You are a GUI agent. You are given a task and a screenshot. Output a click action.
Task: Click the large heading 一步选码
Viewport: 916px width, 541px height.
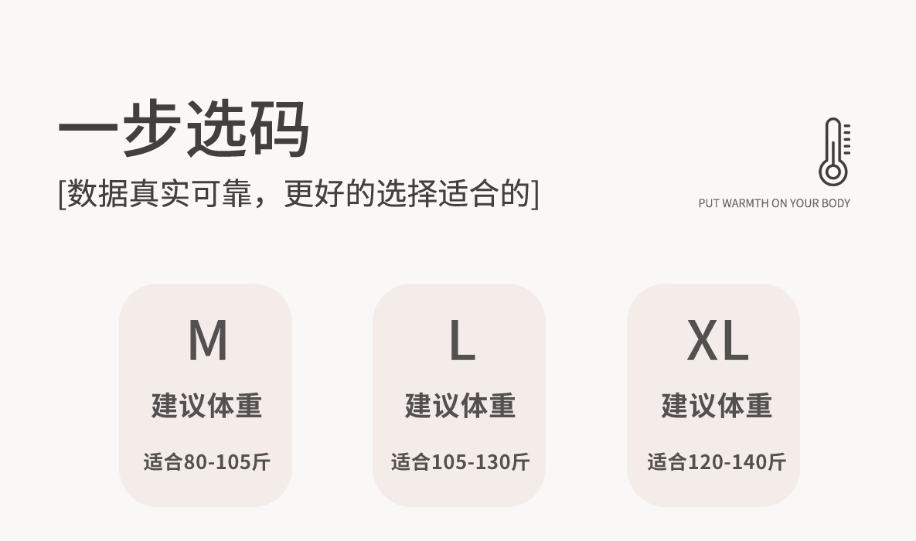(184, 128)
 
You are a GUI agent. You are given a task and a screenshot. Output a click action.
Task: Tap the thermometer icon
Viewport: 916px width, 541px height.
(834, 151)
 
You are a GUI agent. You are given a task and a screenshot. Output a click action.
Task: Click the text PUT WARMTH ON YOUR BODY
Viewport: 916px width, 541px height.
(774, 203)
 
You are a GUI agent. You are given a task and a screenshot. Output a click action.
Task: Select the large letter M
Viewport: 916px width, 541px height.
(207, 341)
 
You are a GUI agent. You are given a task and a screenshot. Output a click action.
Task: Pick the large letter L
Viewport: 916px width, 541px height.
(461, 341)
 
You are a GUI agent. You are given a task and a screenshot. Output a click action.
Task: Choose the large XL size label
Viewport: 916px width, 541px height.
(717, 341)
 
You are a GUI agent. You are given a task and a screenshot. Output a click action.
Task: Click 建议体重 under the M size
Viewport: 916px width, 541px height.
(206, 406)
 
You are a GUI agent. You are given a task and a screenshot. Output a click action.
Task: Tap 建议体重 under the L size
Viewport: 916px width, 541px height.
(460, 406)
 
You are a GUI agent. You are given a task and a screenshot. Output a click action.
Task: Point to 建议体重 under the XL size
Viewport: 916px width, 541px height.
(716, 406)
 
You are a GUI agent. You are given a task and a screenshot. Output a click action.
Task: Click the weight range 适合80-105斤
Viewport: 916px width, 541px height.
(206, 462)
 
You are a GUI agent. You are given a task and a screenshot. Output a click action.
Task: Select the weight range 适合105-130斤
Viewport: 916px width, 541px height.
(460, 462)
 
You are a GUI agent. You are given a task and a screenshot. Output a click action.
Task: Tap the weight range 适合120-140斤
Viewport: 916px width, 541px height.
(716, 462)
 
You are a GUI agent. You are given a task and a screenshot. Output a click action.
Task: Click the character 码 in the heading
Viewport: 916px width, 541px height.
(278, 128)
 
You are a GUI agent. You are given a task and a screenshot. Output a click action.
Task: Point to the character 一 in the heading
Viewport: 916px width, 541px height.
(88, 128)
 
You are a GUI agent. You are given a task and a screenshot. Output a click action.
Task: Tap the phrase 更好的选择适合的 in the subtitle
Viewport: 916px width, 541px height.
(407, 193)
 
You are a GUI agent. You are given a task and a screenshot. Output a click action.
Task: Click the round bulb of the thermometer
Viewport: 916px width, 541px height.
(833, 172)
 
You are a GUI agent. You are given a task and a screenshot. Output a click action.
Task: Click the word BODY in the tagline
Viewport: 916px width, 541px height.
(836, 203)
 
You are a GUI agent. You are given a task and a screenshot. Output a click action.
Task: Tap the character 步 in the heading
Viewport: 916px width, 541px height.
(152, 128)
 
